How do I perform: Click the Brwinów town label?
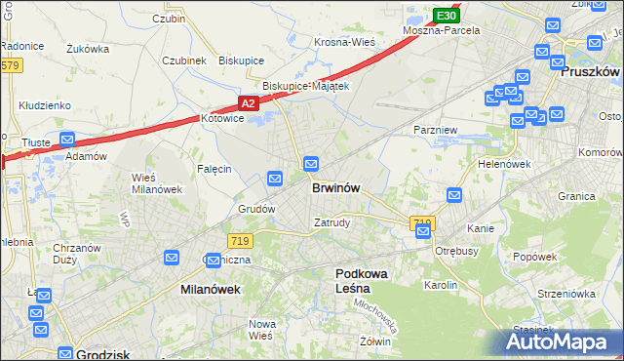338,188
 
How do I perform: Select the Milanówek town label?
210,290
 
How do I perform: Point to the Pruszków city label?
591,71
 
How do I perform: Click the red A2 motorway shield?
249,102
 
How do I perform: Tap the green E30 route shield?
446,16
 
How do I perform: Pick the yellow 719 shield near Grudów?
240,240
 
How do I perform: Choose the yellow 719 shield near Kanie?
422,223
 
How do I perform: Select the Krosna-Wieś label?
345,43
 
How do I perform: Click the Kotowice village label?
220,119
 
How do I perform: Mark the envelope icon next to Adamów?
66,140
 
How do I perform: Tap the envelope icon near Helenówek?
453,196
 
